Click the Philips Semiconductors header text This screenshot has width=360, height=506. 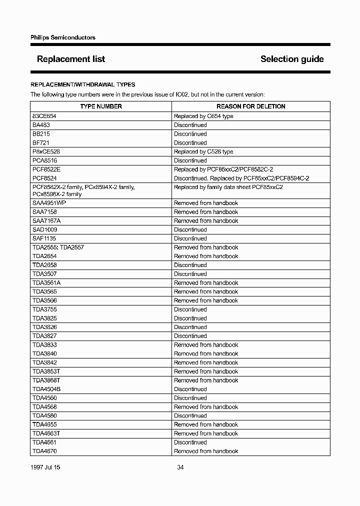pos(63,37)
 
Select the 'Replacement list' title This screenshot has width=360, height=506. pos(71,59)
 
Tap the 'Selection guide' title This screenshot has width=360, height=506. pos(292,59)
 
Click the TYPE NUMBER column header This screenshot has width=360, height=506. pos(101,106)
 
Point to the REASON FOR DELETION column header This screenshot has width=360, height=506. pos(250,106)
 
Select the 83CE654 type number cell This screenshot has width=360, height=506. pos(44,116)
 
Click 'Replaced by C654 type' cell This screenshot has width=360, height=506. pos(203,116)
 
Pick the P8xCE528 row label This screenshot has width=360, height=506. pos(46,151)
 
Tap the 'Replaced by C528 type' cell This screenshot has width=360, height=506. pos(203,151)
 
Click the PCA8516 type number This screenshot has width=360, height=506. pos(44,160)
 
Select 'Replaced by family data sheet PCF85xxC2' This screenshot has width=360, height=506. pos(228,187)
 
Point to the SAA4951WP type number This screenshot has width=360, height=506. pos(49,203)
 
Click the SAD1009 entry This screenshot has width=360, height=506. pos(44,229)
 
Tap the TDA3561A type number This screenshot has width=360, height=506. pos(46,283)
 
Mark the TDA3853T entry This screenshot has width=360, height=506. pos(46,371)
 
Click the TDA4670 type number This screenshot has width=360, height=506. pos(44,451)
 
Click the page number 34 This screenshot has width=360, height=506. pos(180,467)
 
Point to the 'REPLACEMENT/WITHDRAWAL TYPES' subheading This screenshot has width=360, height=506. pos(82,84)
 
